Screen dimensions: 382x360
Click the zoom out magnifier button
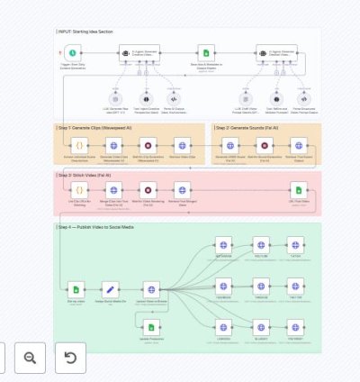30,358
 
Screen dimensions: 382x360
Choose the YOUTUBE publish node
261,244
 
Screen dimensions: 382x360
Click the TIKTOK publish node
296,244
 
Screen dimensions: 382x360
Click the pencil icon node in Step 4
111,289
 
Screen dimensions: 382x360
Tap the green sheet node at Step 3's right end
300,189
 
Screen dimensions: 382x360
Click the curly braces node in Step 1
78,144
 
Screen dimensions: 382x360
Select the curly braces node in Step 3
78,189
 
